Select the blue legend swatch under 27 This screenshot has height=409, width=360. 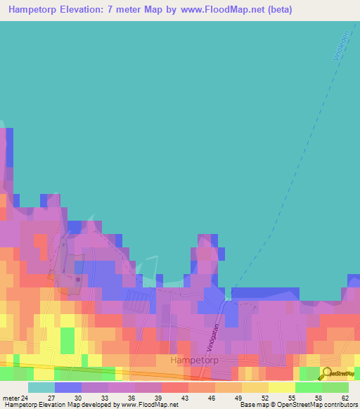[x=67, y=387]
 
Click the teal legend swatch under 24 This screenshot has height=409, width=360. [x=41, y=387]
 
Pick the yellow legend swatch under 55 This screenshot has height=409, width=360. [x=281, y=387]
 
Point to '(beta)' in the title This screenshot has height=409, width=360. [x=278, y=10]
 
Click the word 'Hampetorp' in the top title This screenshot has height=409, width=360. [x=36, y=10]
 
